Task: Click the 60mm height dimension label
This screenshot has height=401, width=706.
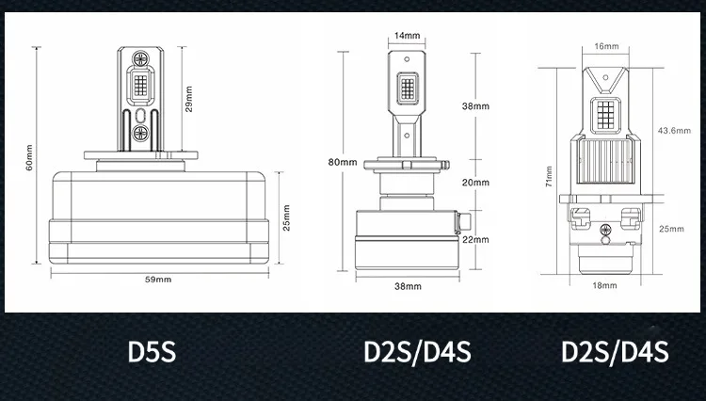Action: [x=29, y=157]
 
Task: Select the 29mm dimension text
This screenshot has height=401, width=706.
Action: [x=188, y=99]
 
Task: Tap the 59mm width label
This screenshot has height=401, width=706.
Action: [x=158, y=280]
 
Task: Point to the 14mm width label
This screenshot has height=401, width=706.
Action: [x=407, y=36]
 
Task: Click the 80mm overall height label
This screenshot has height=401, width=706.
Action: [x=343, y=162]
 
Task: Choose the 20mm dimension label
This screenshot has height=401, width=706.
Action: [x=475, y=183]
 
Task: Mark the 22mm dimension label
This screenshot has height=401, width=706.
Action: [x=475, y=239]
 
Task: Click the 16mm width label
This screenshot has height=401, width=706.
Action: [x=606, y=46]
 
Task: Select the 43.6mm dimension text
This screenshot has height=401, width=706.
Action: [x=674, y=131]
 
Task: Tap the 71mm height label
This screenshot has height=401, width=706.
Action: [x=549, y=176]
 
